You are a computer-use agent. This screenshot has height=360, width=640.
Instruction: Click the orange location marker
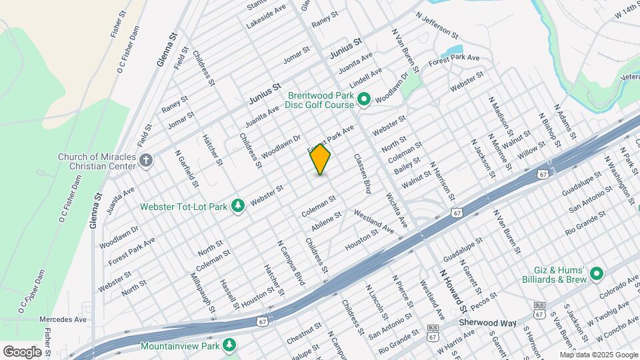pyautogui.click(x=320, y=160)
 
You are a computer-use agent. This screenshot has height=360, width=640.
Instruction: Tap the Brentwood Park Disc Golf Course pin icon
pyautogui.click(x=364, y=100)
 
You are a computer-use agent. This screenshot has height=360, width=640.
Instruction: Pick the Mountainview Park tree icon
pyautogui.click(x=230, y=345)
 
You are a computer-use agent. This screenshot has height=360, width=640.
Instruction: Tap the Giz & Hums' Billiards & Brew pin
pyautogui.click(x=596, y=274)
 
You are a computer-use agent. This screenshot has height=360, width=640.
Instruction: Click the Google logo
pyautogui.click(x=22, y=351)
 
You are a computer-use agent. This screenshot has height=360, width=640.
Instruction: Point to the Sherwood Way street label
pyautogui.click(x=489, y=323)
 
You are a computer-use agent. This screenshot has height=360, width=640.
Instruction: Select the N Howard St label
pyautogui.click(x=453, y=291)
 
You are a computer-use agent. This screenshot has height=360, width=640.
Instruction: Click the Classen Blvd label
pyautogui.click(x=361, y=174)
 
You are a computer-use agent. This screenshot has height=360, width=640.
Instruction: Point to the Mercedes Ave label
pyautogui.click(x=63, y=319)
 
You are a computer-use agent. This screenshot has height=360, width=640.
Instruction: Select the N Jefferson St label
pyautogui.click(x=437, y=25)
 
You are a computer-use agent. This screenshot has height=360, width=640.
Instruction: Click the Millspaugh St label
pyautogui.click(x=203, y=292)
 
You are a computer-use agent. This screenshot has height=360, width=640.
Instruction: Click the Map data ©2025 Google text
pyautogui.click(x=598, y=355)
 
